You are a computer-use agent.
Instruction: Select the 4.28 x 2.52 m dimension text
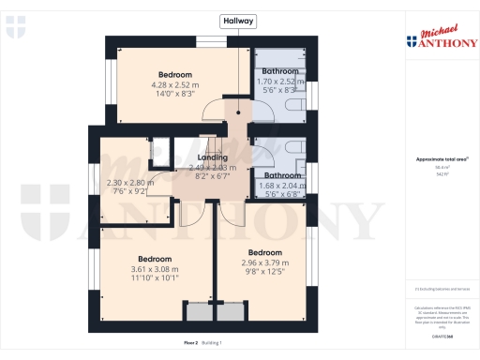[x=175, y=84]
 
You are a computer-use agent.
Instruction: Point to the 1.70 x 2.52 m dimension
[x=280, y=81]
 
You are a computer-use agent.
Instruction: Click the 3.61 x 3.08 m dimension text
[x=155, y=269]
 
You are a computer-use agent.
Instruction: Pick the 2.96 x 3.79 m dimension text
[x=265, y=262]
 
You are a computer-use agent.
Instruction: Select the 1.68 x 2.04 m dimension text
[x=280, y=185]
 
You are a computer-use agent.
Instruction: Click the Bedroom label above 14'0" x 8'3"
[x=175, y=75]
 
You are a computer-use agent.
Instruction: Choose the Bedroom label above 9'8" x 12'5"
[x=265, y=253]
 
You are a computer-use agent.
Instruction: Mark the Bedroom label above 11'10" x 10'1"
[x=155, y=259]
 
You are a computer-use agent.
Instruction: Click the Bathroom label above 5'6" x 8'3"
[x=280, y=71]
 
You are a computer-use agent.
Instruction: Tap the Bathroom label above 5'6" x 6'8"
[x=280, y=175]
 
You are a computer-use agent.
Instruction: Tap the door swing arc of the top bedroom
[x=214, y=109]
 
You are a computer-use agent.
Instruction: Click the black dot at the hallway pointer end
[x=239, y=112]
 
